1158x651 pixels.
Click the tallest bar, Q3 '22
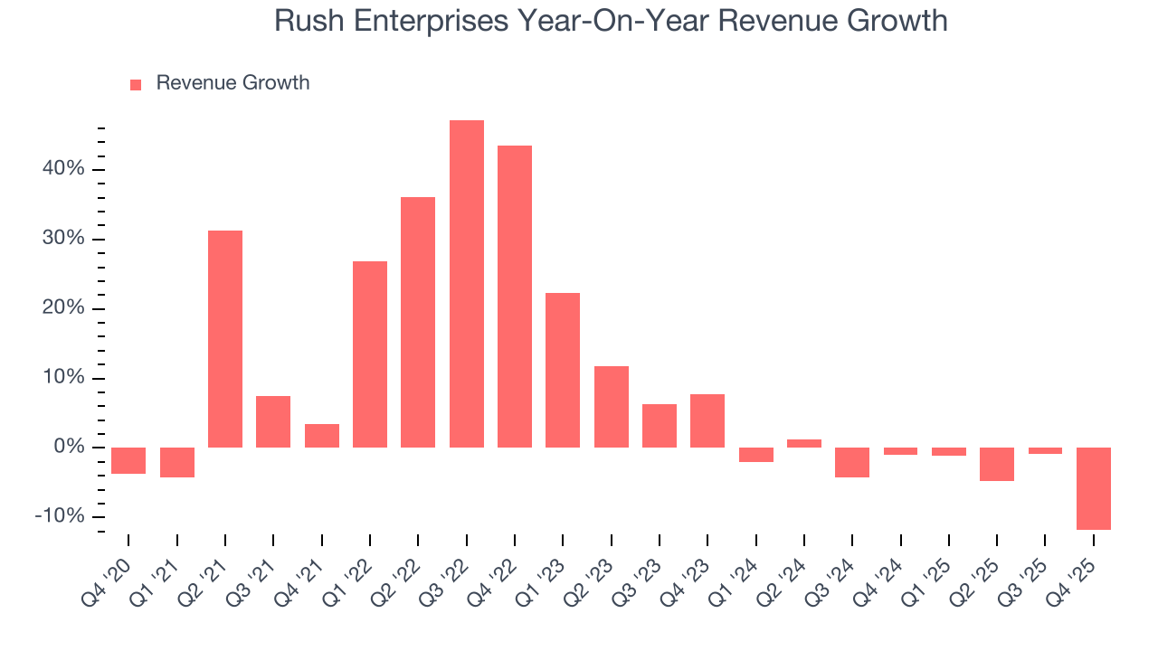pyautogui.click(x=466, y=283)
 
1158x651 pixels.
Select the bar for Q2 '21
pyautogui.click(x=225, y=338)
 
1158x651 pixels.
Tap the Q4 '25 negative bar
pyautogui.click(x=1093, y=488)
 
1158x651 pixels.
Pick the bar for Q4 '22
pyautogui.click(x=515, y=296)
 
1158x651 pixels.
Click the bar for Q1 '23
pyautogui.click(x=563, y=370)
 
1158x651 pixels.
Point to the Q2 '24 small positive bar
pyautogui.click(x=804, y=443)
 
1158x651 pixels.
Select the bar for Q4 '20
pyautogui.click(x=128, y=460)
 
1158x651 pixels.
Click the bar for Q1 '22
pyautogui.click(x=370, y=354)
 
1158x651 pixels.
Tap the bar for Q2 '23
pyautogui.click(x=611, y=406)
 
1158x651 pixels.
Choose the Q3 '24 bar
pyautogui.click(x=852, y=462)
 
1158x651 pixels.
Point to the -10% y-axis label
pyautogui.click(x=60, y=516)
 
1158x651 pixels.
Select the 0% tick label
pyautogui.click(x=69, y=448)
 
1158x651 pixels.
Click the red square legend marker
pyautogui.click(x=136, y=84)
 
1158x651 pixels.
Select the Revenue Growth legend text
pyautogui.click(x=233, y=83)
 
